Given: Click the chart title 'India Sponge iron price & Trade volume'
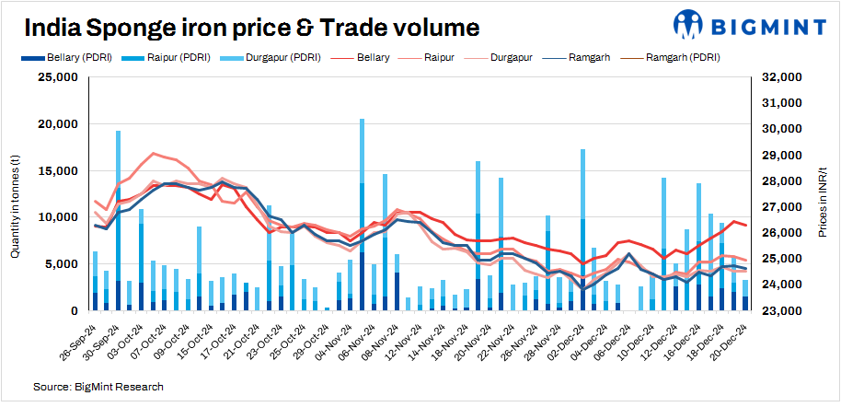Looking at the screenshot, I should pyautogui.click(x=251, y=28).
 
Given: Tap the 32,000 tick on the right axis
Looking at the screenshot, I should pyautogui.click(x=780, y=77).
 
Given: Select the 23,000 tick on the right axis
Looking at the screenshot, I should pyautogui.click(x=780, y=310).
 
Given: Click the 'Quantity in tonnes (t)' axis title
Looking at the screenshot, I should pyautogui.click(x=16, y=194).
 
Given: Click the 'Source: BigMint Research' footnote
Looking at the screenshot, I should pyautogui.click(x=98, y=386).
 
